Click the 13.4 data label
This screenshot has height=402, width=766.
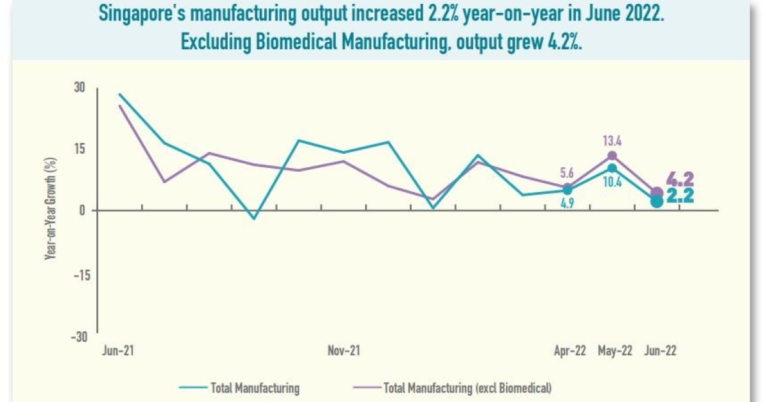(x=612, y=140)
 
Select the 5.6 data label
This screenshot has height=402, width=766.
(x=567, y=173)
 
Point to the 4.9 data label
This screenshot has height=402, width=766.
(x=567, y=205)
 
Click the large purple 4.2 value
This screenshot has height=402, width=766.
(x=680, y=179)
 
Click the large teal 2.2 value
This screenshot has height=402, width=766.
(x=680, y=197)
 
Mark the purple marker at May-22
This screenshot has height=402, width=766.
(x=612, y=156)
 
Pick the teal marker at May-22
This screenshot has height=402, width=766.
(x=612, y=168)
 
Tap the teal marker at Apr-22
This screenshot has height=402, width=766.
(x=567, y=190)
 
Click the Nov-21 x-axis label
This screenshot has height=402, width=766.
(x=344, y=351)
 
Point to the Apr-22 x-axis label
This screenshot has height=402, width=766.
(x=570, y=351)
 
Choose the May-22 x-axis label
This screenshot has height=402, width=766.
(x=615, y=351)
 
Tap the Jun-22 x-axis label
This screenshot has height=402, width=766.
(x=659, y=351)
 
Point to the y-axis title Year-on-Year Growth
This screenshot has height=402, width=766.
(x=48, y=211)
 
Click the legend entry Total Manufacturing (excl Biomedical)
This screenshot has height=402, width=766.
(x=467, y=387)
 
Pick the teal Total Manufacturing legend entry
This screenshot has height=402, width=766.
(x=254, y=387)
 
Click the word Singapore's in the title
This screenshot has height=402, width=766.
(x=137, y=15)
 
